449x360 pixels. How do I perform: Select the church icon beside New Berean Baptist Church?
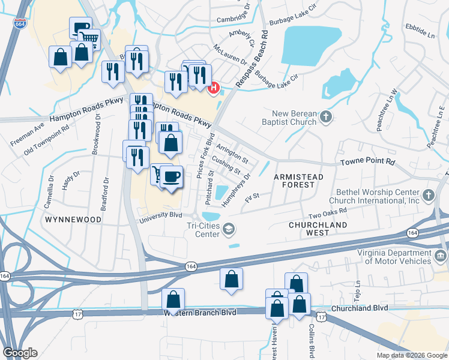(x=326, y=117)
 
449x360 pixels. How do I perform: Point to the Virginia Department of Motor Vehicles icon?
(x=440, y=257)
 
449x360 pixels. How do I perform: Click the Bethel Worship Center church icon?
(x=428, y=195)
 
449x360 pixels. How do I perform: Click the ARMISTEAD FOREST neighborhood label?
(x=298, y=181)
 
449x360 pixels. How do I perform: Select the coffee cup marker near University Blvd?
(x=172, y=176)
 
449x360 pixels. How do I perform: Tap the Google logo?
(x=20, y=353)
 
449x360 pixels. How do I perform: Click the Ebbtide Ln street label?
(x=420, y=31)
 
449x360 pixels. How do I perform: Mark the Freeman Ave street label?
(x=27, y=136)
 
